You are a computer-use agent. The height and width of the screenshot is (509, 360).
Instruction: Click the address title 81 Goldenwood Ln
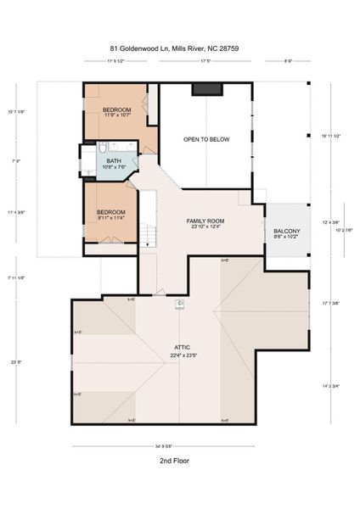(x=179, y=48)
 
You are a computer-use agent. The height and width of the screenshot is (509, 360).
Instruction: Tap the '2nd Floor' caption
(x=173, y=461)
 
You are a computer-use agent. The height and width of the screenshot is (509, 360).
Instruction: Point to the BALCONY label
(x=286, y=231)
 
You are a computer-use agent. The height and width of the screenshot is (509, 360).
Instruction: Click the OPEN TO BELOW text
(x=206, y=138)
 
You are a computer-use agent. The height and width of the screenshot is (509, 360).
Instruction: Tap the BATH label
(x=114, y=159)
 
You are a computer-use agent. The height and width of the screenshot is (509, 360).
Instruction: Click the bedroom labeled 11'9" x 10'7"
(x=117, y=111)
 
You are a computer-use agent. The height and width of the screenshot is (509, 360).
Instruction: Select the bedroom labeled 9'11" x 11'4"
(x=110, y=212)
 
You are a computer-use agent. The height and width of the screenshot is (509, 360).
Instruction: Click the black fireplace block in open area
(x=205, y=88)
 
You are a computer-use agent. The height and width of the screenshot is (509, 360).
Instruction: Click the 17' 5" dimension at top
(x=205, y=61)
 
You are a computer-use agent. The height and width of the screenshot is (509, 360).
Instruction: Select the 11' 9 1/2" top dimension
(x=122, y=61)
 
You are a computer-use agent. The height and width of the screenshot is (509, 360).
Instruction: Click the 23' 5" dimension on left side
(x=15, y=362)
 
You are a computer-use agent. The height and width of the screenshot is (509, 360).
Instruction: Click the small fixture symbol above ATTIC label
(x=180, y=303)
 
